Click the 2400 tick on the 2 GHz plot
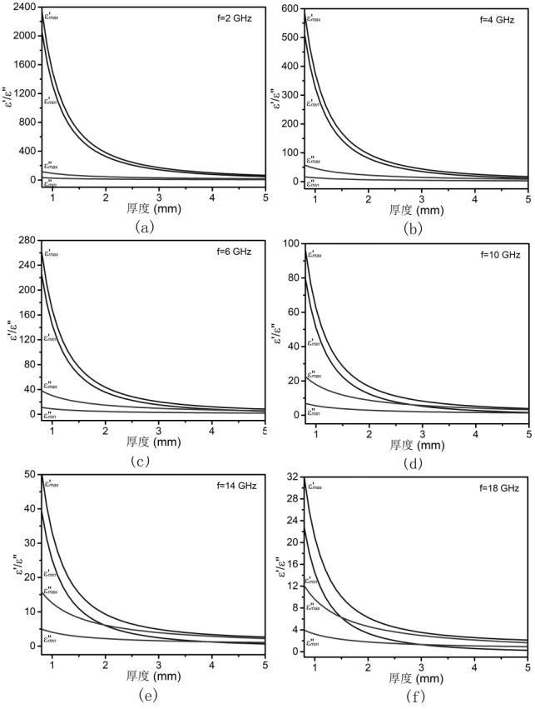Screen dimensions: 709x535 25,7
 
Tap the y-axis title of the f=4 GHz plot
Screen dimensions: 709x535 277,100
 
